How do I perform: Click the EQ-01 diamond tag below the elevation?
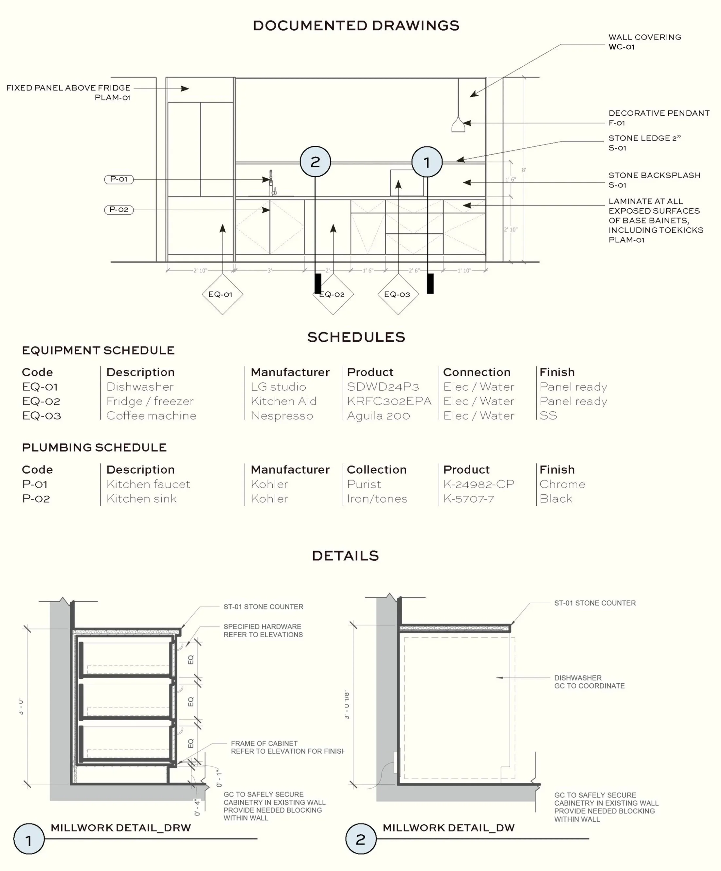click(x=222, y=294)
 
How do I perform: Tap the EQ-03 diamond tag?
click(x=398, y=294)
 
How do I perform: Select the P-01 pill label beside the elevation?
click(x=119, y=179)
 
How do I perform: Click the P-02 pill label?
click(x=119, y=210)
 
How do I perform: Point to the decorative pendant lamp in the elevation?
click(x=458, y=125)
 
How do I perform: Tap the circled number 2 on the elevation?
click(x=315, y=162)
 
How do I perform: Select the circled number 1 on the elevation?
click(x=427, y=162)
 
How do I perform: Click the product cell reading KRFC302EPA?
click(x=389, y=401)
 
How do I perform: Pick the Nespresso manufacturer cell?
click(x=282, y=416)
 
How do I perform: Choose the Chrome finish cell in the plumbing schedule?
click(x=562, y=484)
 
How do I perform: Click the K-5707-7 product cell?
click(x=469, y=499)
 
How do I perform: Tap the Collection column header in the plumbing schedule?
click(x=376, y=470)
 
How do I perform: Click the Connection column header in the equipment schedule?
click(x=477, y=372)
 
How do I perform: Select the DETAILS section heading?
click(x=345, y=556)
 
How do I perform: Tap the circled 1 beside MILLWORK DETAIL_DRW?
click(x=29, y=839)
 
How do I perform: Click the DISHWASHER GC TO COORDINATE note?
click(x=589, y=682)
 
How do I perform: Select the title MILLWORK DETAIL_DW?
click(x=448, y=828)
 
